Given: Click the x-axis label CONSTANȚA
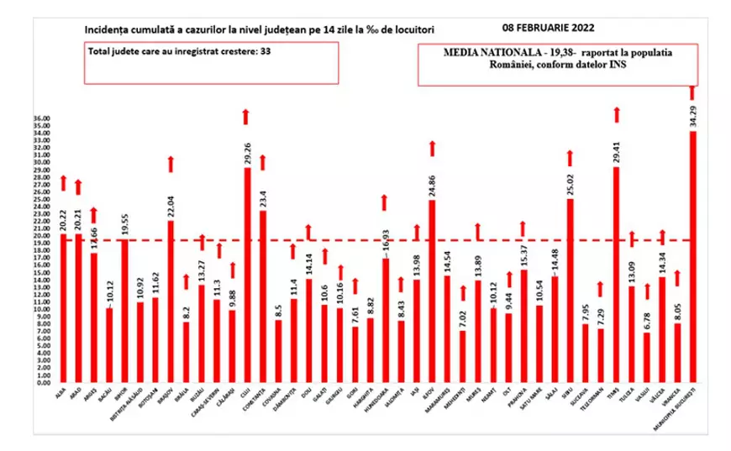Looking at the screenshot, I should click(261, 402).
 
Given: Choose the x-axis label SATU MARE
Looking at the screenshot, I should click(539, 403).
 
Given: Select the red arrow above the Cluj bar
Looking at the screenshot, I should click(246, 117).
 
